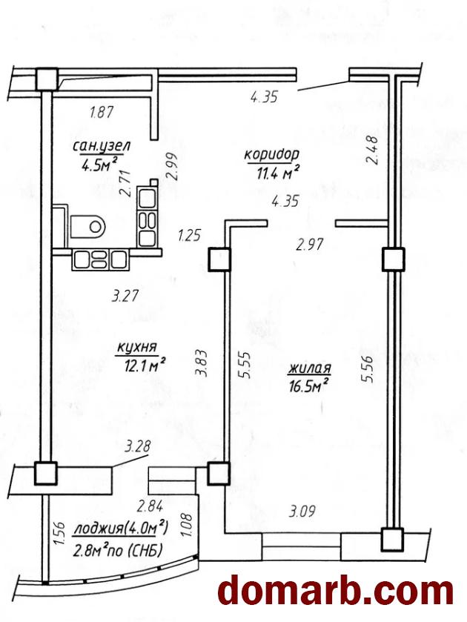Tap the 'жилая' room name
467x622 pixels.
(x=310, y=368)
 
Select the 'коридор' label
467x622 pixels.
(x=272, y=154)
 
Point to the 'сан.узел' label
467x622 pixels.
(x=101, y=147)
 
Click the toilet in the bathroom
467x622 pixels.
(x=88, y=226)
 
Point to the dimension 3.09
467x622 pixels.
(x=302, y=511)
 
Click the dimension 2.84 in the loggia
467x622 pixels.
(x=150, y=506)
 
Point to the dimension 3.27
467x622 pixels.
(x=125, y=296)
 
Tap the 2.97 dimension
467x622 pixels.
(x=310, y=244)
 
